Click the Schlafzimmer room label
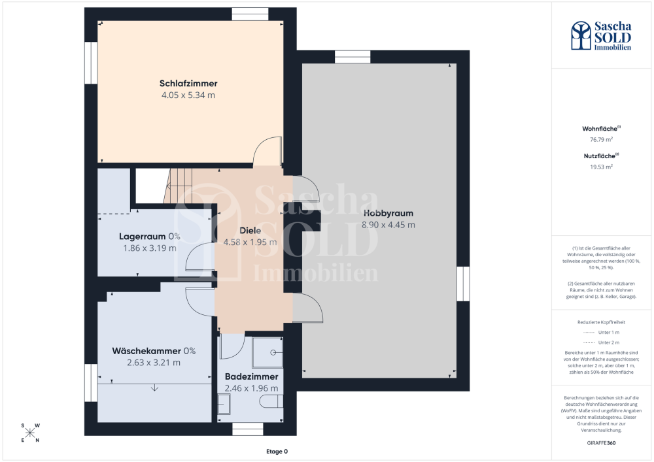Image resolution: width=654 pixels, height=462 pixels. coord(188,84)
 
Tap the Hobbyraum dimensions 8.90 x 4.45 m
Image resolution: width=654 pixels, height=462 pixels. coord(388,225)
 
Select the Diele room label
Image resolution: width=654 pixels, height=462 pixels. coord(250,231)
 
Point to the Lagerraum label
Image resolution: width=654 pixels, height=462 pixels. coord(142,237)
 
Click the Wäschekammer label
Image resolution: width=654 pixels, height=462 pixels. coord(146,351)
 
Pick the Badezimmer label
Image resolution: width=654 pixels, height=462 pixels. coord(252,376)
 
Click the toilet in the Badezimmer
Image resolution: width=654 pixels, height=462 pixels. coord(271,401)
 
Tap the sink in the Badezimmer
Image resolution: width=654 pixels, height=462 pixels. coord(224,404)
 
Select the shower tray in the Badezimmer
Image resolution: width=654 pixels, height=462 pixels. coord(267,352)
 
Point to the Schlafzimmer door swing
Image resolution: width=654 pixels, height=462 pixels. coord(267,151)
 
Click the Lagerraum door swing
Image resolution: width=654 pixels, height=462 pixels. coord(199,257)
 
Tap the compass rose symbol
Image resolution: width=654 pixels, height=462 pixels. coord(30,433)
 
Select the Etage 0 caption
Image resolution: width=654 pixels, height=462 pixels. coord(277,452)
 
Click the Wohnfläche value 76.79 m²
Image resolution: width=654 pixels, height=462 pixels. coord(601,140)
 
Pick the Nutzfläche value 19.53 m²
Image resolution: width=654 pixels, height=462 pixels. coord(601,167)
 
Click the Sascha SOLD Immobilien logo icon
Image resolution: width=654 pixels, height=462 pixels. coord(581,36)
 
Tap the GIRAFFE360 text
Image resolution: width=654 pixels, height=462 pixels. coord(601,443)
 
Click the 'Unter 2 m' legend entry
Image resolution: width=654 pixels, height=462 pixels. coord(601,342)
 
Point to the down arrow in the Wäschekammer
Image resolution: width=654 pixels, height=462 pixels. coord(155,388)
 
